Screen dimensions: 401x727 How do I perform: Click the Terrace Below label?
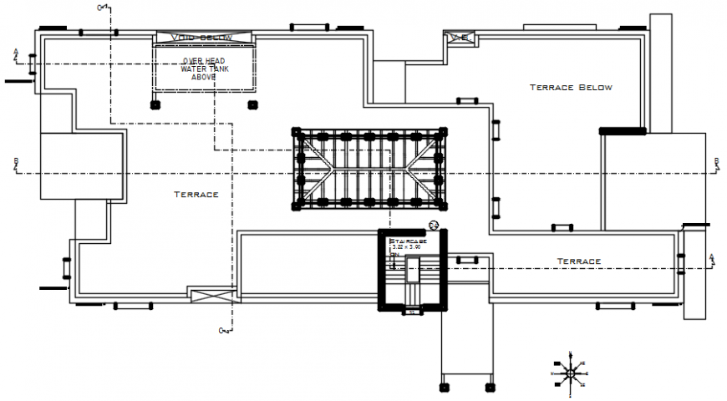[x=572, y=87]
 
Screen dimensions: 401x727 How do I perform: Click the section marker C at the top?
[x=101, y=8]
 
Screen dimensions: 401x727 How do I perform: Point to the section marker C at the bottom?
[x=223, y=331]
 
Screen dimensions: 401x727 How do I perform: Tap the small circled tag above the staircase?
[x=433, y=224]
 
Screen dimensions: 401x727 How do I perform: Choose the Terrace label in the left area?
[x=196, y=195]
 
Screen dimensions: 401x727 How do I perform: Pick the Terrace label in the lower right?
[x=579, y=261]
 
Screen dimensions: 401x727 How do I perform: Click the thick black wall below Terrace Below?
[x=623, y=130]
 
